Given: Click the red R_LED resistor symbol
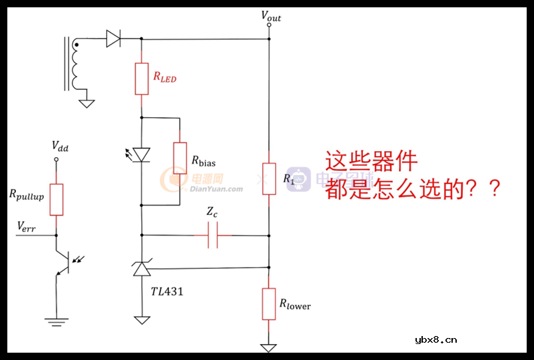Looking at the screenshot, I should [x=141, y=78].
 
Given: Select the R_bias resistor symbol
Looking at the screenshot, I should [x=180, y=157].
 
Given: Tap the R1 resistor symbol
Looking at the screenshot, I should [x=268, y=178].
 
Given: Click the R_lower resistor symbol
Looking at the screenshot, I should [x=268, y=303].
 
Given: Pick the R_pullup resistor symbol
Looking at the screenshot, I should [x=57, y=200].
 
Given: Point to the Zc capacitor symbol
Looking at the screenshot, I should [x=213, y=235].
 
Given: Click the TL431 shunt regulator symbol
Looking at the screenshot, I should [x=141, y=269].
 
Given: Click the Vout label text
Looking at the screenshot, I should [x=270, y=17].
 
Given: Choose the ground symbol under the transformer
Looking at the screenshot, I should [x=87, y=103].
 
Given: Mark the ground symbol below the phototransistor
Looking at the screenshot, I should [x=57, y=321].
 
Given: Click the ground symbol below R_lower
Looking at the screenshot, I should [x=268, y=348].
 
